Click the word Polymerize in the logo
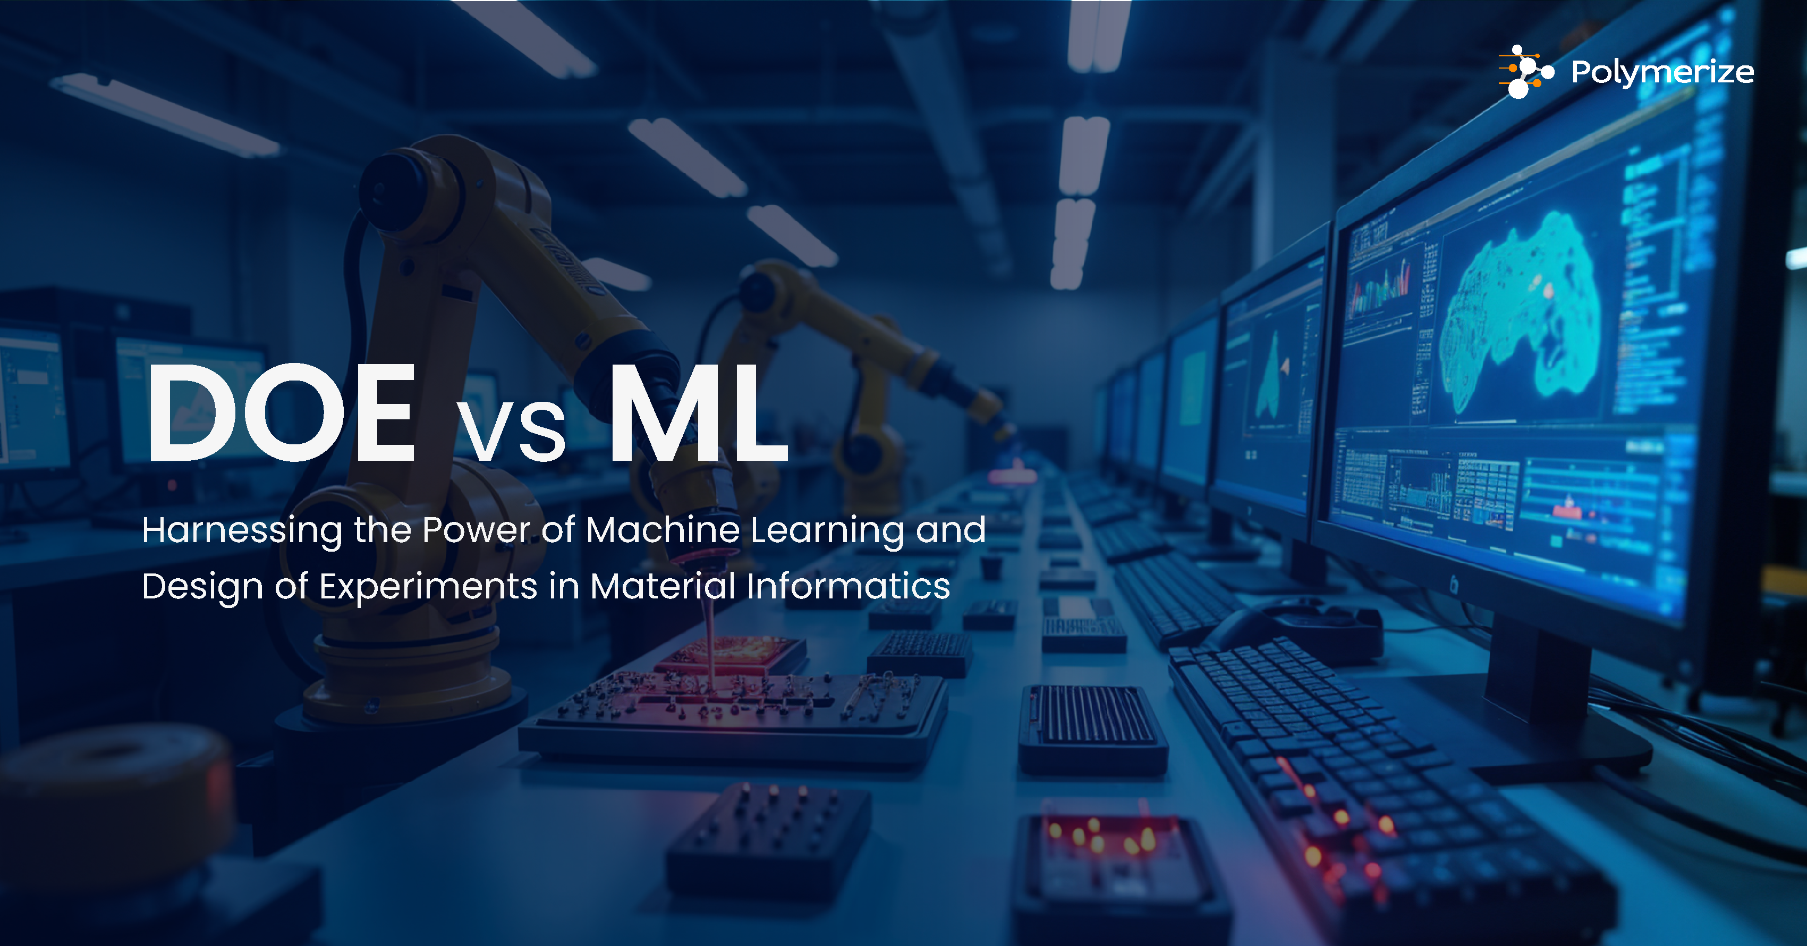tap(1662, 72)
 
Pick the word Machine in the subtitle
tap(663, 530)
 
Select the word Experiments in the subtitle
tap(428, 587)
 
